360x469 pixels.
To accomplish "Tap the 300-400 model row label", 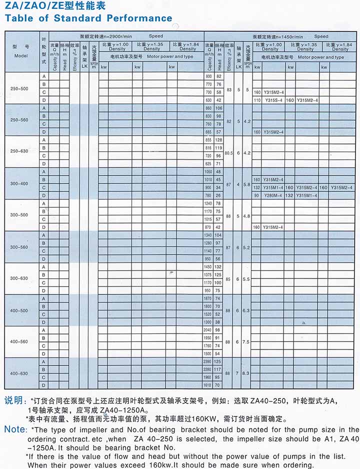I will click(x=19, y=183).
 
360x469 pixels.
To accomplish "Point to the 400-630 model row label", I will click(x=19, y=373).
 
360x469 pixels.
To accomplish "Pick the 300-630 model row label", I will click(x=19, y=278).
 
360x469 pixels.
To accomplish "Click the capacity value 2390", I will click(x=209, y=361).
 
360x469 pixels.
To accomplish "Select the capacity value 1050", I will click(x=209, y=171).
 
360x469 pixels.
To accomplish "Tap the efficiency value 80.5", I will click(x=229, y=152).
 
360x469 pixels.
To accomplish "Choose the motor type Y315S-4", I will click(x=273, y=100).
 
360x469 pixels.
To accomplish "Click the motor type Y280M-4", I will click(x=273, y=195).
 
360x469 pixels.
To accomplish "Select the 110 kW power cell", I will click(x=257, y=100).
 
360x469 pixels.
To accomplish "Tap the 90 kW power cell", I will click(x=257, y=195).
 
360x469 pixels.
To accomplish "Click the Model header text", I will click(x=21, y=56).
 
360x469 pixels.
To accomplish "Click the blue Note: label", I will click(x=15, y=429).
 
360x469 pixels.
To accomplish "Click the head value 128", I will click(x=218, y=139).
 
